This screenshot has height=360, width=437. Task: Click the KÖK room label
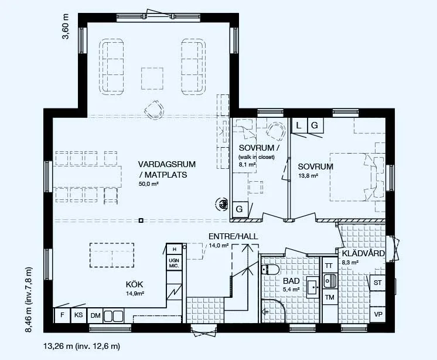134,284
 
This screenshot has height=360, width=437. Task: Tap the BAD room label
291,280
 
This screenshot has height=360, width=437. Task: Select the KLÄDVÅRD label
363,253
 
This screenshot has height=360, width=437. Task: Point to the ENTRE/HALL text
233,236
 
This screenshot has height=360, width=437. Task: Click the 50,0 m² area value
149,184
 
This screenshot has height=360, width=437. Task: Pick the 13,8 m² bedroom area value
308,176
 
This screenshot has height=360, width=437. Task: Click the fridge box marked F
62,315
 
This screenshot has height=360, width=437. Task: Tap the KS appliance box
78,315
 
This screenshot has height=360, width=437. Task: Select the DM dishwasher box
95,315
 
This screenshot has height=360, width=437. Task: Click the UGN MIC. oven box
174,263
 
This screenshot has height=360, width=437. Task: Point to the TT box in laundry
330,266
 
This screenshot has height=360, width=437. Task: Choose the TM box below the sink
330,297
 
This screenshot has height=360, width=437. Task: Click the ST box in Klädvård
378,283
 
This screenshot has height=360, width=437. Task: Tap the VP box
378,314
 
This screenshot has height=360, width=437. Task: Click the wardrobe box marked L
299,125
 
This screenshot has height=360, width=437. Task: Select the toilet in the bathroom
270,270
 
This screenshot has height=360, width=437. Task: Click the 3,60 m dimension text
66,27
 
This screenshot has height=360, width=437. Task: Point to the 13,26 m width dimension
81,347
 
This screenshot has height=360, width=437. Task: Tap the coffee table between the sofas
152,79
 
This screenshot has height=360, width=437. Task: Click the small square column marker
141,220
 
